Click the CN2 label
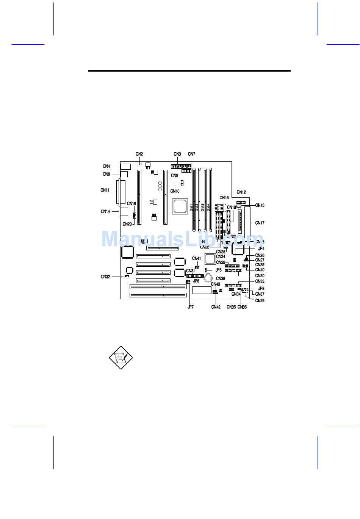[139, 154]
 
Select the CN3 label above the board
[177, 154]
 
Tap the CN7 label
[191, 154]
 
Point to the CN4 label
[106, 166]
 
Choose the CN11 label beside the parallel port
[105, 190]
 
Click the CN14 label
[105, 211]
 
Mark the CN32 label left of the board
[105, 277]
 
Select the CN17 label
[260, 223]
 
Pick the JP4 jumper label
[261, 249]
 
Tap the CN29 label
[260, 301]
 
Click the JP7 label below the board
[190, 307]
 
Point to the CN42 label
[216, 307]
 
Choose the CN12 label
[241, 192]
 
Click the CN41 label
[196, 259]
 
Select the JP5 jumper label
[219, 270]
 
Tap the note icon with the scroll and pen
[121, 358]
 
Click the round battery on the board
[208, 278]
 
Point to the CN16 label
[131, 204]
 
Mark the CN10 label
[175, 191]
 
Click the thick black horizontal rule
[189, 71]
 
